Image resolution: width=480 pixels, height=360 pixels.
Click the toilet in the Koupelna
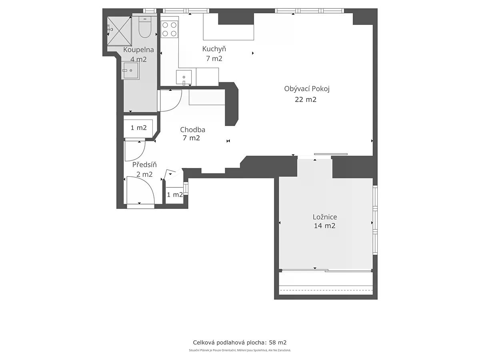click(x=145, y=28)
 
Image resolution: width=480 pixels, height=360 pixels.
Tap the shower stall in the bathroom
click(x=119, y=31)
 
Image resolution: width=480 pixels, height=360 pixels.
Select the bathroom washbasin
click(x=131, y=70)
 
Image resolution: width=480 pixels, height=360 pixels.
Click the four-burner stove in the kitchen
click(x=169, y=29)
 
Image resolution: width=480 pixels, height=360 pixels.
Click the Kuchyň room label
click(x=214, y=49)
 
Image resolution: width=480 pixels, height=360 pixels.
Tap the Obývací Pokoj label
click(x=306, y=89)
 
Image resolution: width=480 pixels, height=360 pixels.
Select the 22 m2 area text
click(x=306, y=100)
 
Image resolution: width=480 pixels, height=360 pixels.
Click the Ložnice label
click(x=325, y=217)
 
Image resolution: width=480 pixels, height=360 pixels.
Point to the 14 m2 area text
click(x=324, y=226)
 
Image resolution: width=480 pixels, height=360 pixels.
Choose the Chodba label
click(x=192, y=130)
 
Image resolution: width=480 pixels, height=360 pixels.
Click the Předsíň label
click(x=144, y=164)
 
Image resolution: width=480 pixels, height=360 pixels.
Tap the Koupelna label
click(x=138, y=50)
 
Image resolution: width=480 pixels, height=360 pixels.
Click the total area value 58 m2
click(x=278, y=342)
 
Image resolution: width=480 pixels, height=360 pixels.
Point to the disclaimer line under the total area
click(x=240, y=350)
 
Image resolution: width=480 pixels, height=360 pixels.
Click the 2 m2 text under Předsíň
click(x=144, y=174)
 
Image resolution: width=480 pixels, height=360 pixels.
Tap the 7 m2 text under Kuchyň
click(x=214, y=58)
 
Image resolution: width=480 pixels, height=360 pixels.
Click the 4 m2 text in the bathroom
click(x=138, y=60)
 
